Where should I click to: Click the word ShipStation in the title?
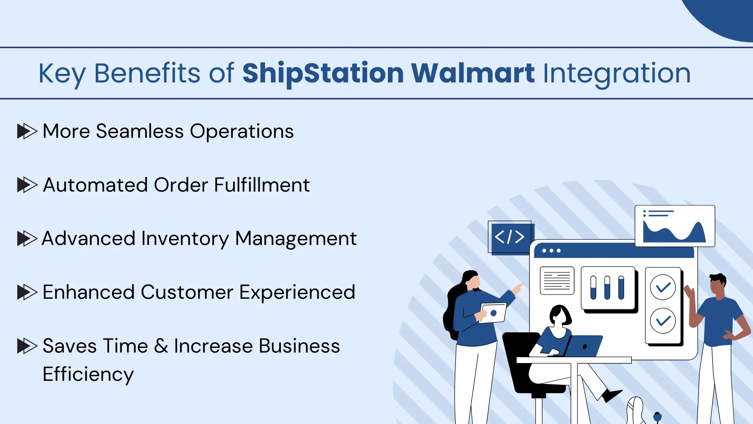click(323, 73)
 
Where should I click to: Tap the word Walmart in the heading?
click(473, 73)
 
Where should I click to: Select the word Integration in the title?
click(617, 74)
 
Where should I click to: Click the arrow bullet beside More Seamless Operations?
click(27, 131)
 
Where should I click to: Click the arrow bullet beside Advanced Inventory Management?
click(27, 238)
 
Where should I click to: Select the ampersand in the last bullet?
click(161, 346)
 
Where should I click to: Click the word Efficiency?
click(88, 374)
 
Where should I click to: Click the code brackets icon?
click(510, 237)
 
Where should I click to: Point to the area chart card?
click(675, 226)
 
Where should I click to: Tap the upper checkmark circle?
click(663, 287)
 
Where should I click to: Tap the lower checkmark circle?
click(663, 321)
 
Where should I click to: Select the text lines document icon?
click(557, 281)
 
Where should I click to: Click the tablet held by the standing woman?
click(493, 313)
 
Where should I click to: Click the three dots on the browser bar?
click(551, 250)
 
